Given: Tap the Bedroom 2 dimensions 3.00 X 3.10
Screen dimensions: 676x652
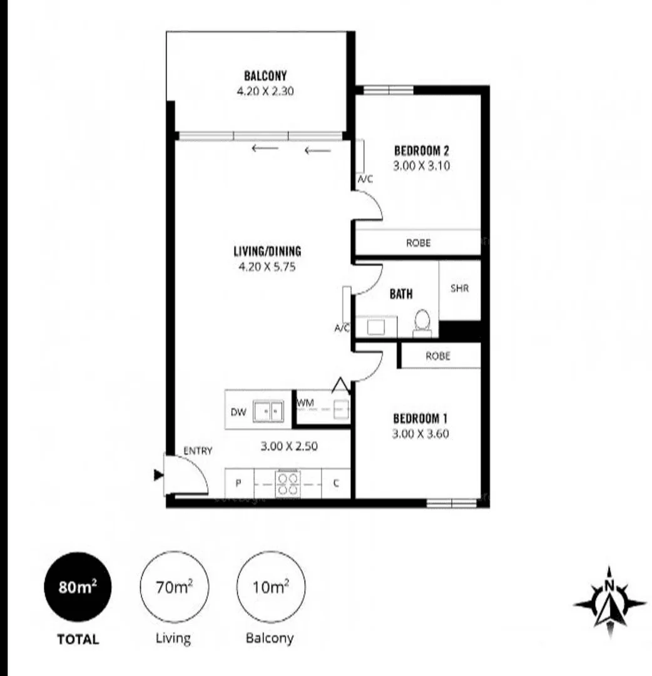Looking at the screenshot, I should [x=422, y=166].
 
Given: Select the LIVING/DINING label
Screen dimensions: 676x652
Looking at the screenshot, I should [x=267, y=252].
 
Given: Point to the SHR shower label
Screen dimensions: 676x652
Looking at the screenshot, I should [x=459, y=289].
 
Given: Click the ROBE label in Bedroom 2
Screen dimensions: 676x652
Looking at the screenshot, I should [x=418, y=243].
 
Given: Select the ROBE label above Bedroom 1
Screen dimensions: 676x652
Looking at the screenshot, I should [x=437, y=356].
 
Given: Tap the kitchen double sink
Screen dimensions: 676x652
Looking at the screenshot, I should [x=268, y=411].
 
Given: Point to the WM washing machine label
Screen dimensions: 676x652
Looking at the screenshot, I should [x=305, y=402].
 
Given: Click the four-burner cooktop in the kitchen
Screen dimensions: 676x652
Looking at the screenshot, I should [x=288, y=484].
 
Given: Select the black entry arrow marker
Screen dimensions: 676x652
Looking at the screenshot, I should [x=158, y=476].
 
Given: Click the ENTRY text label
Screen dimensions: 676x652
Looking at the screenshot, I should [x=198, y=450].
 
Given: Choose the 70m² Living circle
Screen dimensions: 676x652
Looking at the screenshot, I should [x=173, y=588].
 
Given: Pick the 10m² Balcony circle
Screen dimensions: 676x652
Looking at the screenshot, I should [x=270, y=588].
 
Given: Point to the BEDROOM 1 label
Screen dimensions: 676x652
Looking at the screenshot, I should [x=420, y=419].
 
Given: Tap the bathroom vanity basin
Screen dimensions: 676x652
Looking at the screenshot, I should [x=376, y=327].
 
